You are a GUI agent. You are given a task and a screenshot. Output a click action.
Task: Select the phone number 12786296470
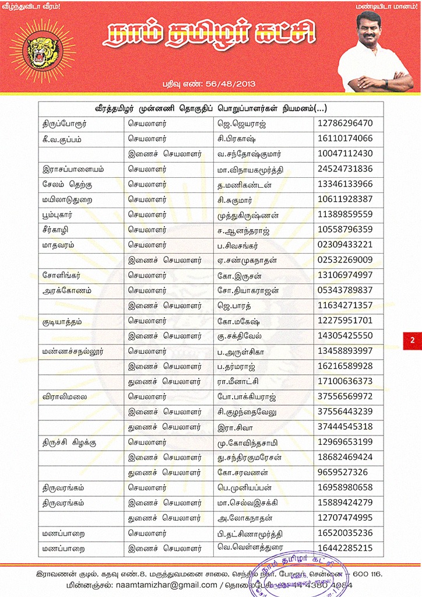[346, 124]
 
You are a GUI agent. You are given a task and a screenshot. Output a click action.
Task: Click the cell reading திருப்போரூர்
[65, 124]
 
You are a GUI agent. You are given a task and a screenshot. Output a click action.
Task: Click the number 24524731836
[346, 169]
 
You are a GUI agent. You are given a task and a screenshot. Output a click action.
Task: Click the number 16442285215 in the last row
[346, 548]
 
